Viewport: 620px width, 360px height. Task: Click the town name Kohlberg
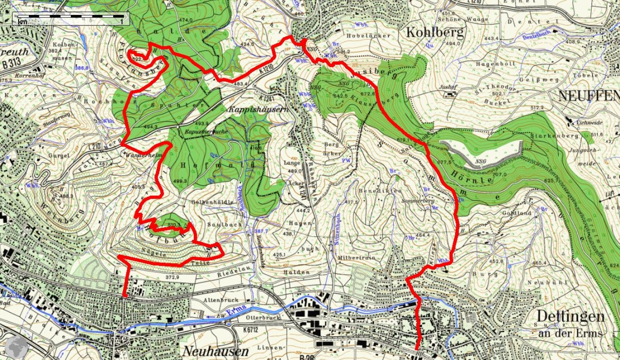[x=435, y=32]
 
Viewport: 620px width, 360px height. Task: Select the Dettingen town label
[x=569, y=316]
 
